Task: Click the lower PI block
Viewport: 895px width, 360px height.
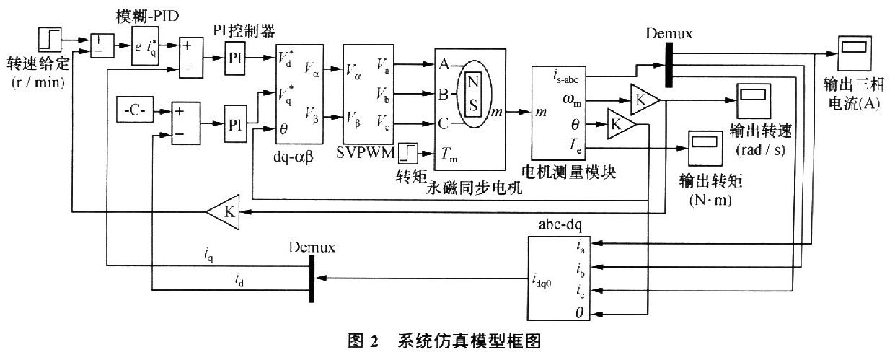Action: [235, 123]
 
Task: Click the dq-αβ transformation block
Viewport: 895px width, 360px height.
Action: [299, 94]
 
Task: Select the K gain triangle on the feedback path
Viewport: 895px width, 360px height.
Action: [226, 212]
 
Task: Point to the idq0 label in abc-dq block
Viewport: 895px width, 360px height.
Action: [542, 282]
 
